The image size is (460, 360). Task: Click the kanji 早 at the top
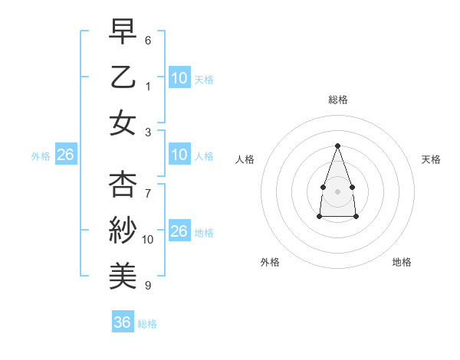pos(123,31)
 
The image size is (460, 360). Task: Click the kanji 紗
pos(123,230)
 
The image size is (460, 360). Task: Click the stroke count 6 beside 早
pos(148,40)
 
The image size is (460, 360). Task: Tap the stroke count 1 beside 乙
pos(148,86)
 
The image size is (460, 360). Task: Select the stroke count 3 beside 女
pos(148,131)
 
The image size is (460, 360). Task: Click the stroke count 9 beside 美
pos(148,285)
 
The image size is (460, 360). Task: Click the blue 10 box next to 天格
pos(179,77)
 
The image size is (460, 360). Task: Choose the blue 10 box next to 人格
pos(179,155)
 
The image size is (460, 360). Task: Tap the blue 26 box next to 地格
pos(179,231)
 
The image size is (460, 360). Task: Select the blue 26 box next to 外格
pos(65,155)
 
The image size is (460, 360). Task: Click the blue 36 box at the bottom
pos(122,322)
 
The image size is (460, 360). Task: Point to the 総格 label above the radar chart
pos(337,100)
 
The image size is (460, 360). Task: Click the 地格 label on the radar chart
pos(402,262)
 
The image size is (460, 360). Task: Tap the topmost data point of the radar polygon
pos(337,145)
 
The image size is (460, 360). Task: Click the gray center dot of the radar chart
pos(337,191)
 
